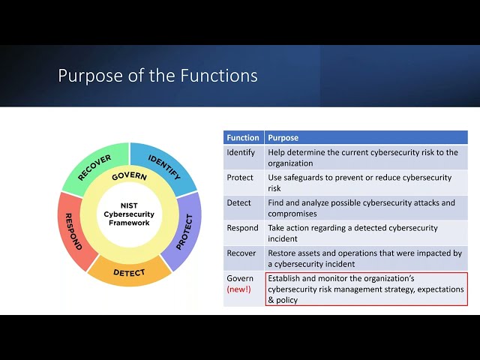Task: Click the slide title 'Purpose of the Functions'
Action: [157, 76]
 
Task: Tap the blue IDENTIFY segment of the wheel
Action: [164, 167]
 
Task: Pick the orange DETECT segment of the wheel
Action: [129, 272]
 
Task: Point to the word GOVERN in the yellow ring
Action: [129, 176]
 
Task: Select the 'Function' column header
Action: [243, 138]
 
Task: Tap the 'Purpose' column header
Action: [283, 138]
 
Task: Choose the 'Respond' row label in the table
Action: [242, 228]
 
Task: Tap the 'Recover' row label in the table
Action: [241, 253]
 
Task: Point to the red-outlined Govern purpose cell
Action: [366, 289]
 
